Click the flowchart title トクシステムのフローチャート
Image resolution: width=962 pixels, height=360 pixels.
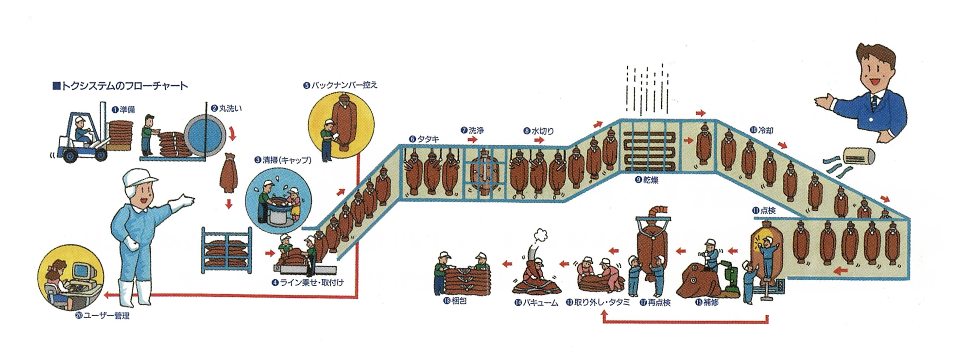click(x=120, y=86)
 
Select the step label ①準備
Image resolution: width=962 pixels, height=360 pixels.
click(x=123, y=110)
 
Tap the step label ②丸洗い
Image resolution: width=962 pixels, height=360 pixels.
click(x=226, y=108)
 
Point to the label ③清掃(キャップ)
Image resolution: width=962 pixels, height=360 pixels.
click(x=283, y=160)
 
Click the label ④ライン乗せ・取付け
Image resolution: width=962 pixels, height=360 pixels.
click(x=308, y=282)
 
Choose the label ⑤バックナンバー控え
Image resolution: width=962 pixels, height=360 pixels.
click(x=340, y=85)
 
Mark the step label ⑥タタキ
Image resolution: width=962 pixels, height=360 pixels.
click(x=424, y=139)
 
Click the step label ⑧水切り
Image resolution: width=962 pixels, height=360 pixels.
click(x=538, y=131)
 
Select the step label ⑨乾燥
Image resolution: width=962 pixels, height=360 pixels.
click(x=647, y=180)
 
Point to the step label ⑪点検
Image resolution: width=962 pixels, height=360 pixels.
click(x=763, y=210)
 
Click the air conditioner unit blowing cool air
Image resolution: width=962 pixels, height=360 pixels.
click(x=859, y=156)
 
